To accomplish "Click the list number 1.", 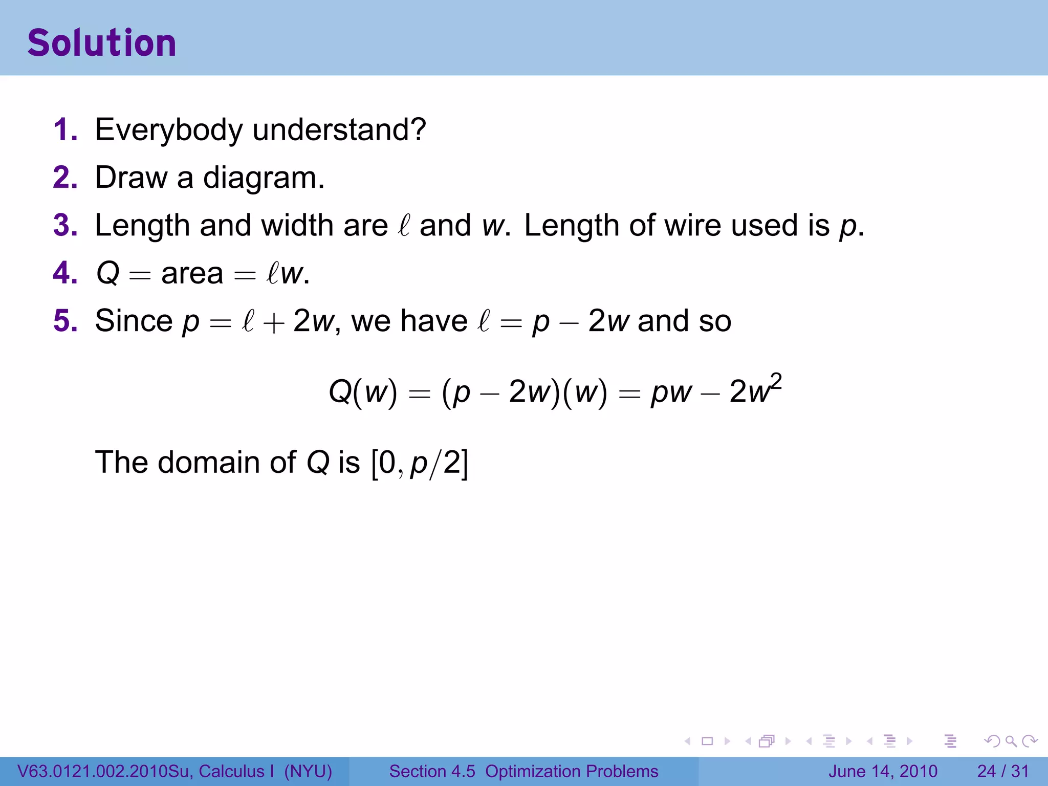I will pyautogui.click(x=65, y=129).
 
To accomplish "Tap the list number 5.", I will pyautogui.click(x=65, y=321).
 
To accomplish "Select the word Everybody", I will pyautogui.click(x=169, y=130).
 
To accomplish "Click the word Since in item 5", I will pyautogui.click(x=134, y=321).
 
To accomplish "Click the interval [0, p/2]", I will pyautogui.click(x=420, y=463).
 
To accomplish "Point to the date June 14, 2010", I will pyautogui.click(x=883, y=771).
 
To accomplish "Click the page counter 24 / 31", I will pyautogui.click(x=1002, y=771).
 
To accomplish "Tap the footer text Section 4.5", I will pyautogui.click(x=432, y=771).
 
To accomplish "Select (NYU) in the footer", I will pyautogui.click(x=308, y=771).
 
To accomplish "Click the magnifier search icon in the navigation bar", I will pyautogui.click(x=1011, y=741).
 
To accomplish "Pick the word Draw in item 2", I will pyautogui.click(x=131, y=178).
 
